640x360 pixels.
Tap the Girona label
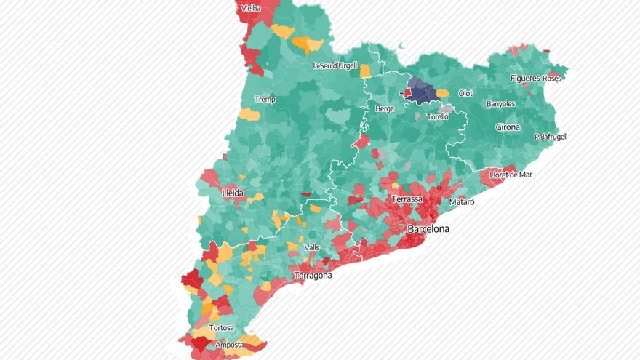[x=508, y=127]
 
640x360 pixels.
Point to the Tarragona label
[x=313, y=276]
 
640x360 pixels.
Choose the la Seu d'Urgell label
[x=335, y=65]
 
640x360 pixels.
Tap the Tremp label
[x=265, y=100]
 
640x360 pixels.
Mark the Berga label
[x=385, y=108]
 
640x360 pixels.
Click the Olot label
[x=465, y=94]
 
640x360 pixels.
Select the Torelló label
[x=438, y=116]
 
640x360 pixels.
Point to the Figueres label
[x=525, y=78]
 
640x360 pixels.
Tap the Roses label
[x=552, y=78]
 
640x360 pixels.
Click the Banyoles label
[x=500, y=104]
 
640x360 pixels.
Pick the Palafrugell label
[x=551, y=137]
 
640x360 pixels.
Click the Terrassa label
[x=407, y=199]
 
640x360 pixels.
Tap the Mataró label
[x=462, y=201]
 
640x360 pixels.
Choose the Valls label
[x=311, y=247]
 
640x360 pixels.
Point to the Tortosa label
[x=221, y=328]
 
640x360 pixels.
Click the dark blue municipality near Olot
[x=422, y=92]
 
